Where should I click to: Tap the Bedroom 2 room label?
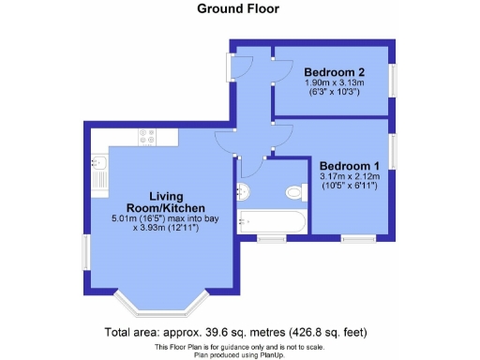pyautogui.click(x=334, y=72)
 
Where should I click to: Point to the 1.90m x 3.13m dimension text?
pyautogui.click(x=334, y=84)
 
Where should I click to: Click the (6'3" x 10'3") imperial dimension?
pyautogui.click(x=334, y=95)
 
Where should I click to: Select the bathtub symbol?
pyautogui.click(x=271, y=222)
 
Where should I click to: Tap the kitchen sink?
pyautogui.click(x=100, y=173)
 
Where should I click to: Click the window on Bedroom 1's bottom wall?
pyautogui.click(x=353, y=239)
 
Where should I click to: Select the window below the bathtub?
pyautogui.click(x=272, y=239)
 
